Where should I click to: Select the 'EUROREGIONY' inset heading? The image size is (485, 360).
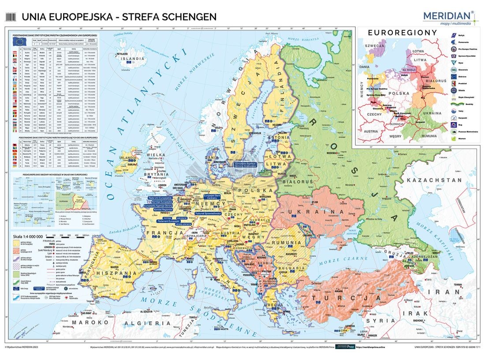point(402,33)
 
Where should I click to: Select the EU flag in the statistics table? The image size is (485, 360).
point(19,41)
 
